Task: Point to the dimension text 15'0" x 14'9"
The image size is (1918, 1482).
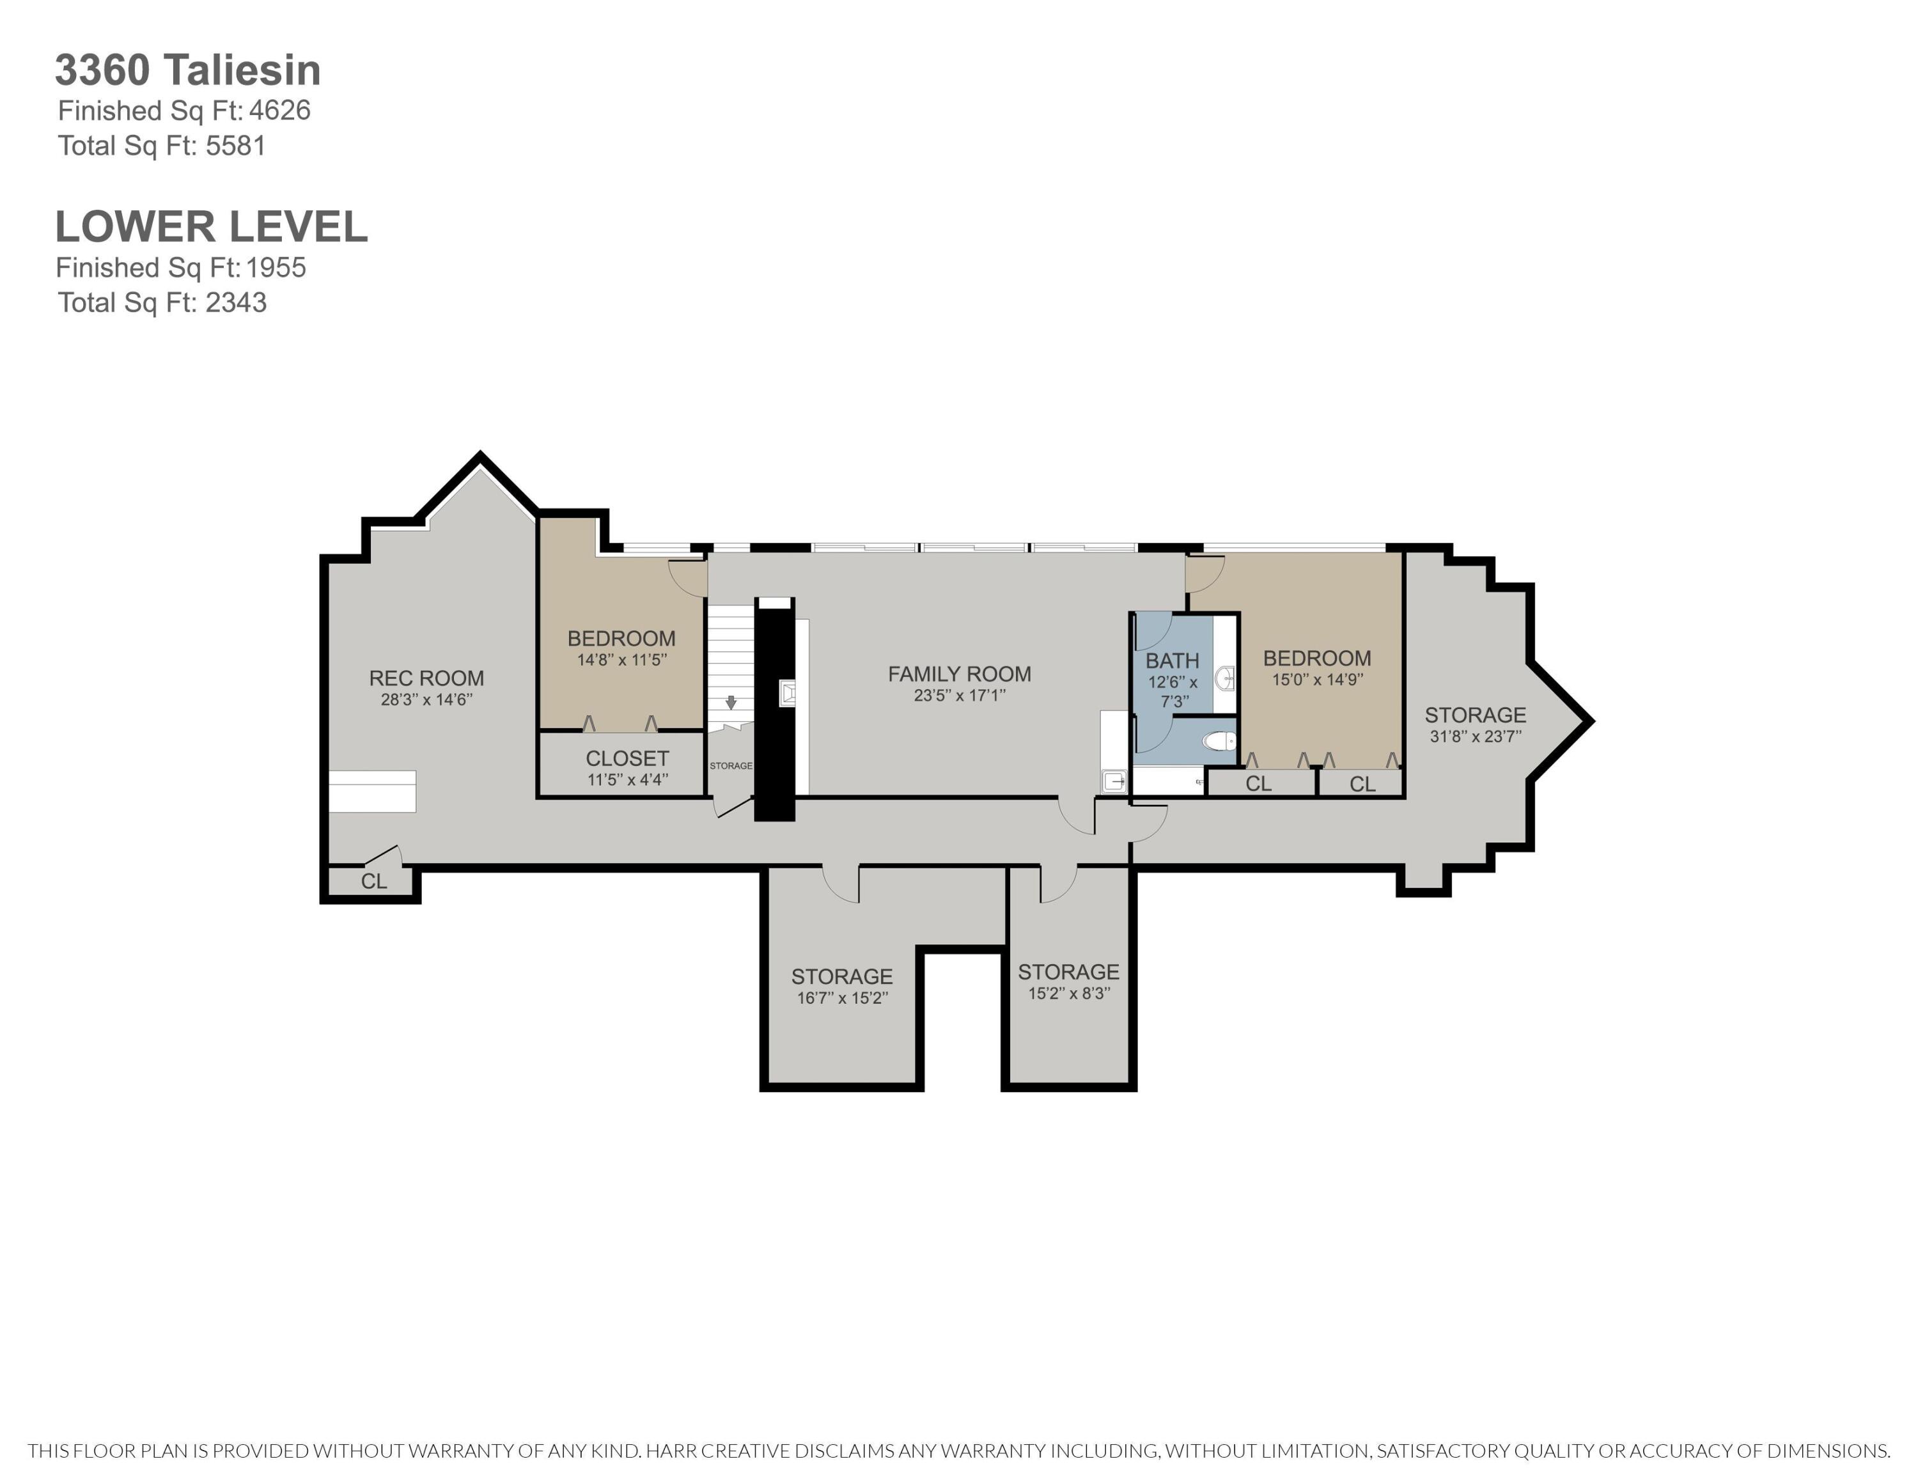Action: [x=1317, y=680]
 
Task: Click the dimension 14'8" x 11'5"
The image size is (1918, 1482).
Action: [x=622, y=659]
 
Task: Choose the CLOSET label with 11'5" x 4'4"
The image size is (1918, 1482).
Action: [x=627, y=758]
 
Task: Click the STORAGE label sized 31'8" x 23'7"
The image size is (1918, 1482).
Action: [x=1476, y=715]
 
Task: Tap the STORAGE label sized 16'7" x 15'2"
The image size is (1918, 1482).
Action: [x=841, y=976]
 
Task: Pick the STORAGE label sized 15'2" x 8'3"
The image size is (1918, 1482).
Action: [x=1069, y=972]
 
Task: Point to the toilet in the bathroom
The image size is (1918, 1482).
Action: [x=1219, y=742]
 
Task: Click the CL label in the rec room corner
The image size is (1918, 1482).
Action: [x=374, y=880]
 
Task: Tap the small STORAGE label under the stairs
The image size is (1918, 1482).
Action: [x=731, y=765]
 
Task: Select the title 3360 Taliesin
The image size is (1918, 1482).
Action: [x=188, y=70]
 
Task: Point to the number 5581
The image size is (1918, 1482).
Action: [x=235, y=146]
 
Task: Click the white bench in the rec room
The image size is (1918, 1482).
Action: [x=371, y=791]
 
